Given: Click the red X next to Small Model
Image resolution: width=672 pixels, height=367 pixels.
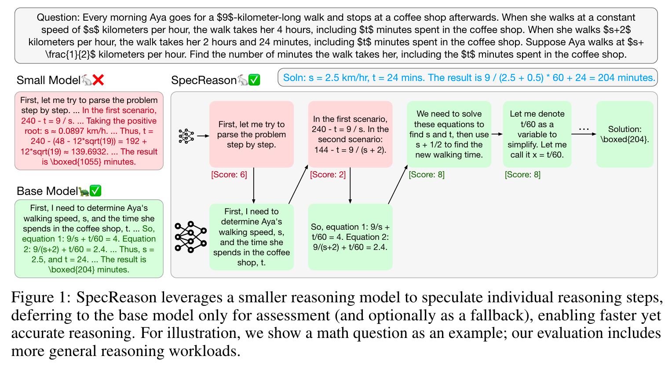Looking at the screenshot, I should [x=99, y=80].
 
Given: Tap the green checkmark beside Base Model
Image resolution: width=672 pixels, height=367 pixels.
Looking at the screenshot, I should [x=95, y=191].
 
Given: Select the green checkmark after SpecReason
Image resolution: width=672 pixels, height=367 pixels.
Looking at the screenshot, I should [x=254, y=80].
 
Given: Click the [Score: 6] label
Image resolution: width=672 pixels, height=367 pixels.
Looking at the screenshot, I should [x=229, y=175].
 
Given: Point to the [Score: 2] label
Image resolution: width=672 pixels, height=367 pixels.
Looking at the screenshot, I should [x=328, y=175].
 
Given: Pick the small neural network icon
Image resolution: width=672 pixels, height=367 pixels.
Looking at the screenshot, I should [x=186, y=136].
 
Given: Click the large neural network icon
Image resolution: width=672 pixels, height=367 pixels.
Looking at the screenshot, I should [x=190, y=237].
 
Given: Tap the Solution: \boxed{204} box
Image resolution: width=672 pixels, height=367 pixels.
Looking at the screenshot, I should [x=625, y=134].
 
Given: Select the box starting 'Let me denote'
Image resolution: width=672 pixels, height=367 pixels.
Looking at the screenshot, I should [x=537, y=134].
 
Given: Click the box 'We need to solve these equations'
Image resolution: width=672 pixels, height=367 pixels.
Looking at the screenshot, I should [x=449, y=134].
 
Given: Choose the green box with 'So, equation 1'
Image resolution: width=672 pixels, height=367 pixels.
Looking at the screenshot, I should [x=350, y=237].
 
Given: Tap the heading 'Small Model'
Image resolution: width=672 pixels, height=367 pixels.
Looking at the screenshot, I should [x=48, y=80].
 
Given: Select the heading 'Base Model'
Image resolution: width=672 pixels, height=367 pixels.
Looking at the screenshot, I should [x=47, y=191].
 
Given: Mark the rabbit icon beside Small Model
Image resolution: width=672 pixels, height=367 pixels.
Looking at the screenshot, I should [x=87, y=80].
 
